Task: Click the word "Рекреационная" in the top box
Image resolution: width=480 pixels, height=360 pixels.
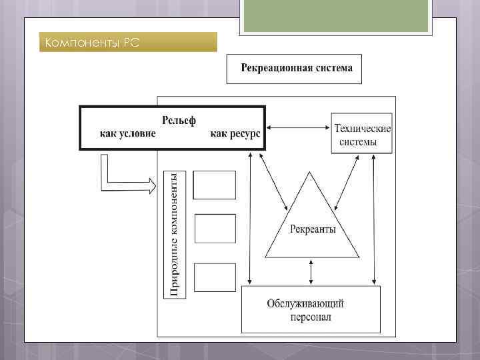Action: [x=273, y=69]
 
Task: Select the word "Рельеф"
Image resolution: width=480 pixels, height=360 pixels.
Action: [x=179, y=120]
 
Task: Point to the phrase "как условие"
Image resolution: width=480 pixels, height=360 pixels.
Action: [x=128, y=133]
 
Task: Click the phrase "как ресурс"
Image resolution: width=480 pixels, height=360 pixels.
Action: [x=235, y=133]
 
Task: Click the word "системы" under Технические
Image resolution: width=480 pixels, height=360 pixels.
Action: [x=357, y=141]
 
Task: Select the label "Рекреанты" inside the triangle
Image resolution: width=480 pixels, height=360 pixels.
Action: [x=313, y=230]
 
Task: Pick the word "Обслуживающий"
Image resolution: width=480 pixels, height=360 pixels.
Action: [x=305, y=304]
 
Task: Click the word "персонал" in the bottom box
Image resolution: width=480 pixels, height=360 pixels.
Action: [x=311, y=317]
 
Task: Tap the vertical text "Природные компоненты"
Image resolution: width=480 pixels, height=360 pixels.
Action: [x=173, y=233]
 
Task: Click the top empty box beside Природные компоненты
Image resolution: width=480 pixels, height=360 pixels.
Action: [x=215, y=185]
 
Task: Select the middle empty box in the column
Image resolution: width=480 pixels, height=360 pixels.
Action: [x=215, y=229]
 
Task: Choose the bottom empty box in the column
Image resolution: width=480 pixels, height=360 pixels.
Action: [x=215, y=277]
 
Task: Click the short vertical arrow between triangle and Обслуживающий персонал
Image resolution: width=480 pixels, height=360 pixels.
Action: [x=311, y=271]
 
